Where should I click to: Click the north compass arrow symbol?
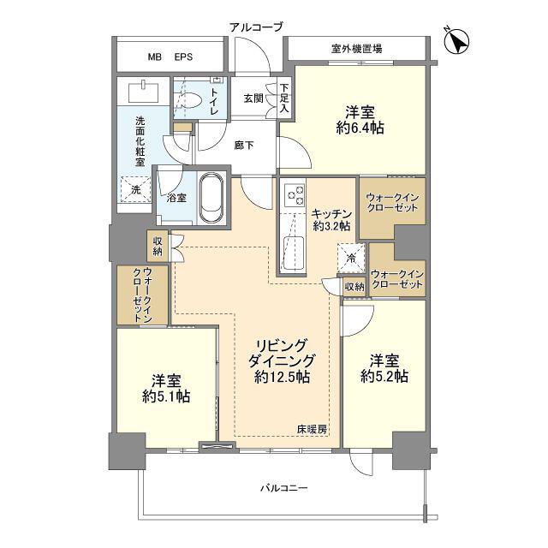456,41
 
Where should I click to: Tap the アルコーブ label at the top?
256,27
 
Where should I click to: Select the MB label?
154,57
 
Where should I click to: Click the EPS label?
183,57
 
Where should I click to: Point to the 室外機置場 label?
356,49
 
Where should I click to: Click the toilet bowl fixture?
189,101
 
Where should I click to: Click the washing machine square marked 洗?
135,189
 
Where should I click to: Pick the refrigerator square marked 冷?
351,259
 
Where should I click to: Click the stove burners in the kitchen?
295,195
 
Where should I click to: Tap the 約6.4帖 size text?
360,128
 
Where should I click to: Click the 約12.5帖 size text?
282,377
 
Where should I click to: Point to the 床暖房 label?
312,429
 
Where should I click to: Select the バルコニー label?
284,487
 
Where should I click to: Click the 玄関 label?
253,99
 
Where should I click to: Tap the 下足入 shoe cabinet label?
284,98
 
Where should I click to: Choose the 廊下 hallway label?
244,145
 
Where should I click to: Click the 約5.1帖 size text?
166,396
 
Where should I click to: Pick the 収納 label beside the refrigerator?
354,288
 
